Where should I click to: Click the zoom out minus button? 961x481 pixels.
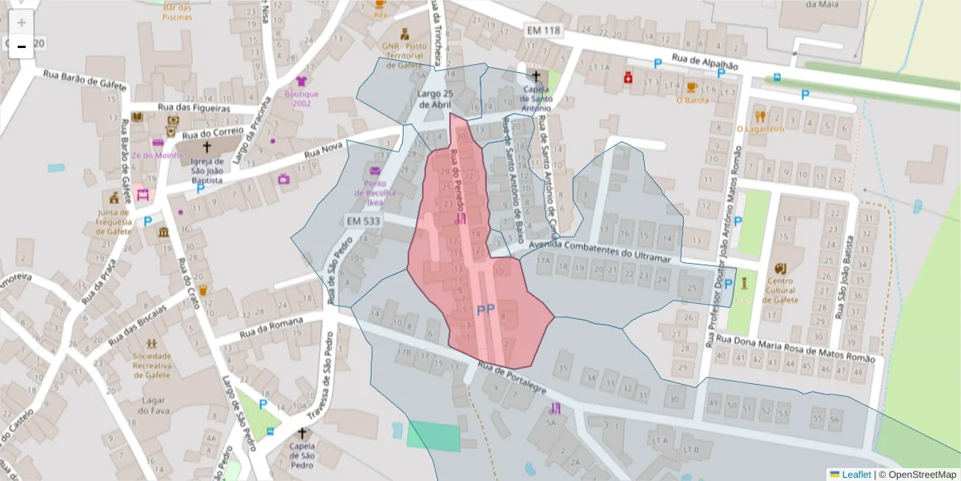22,47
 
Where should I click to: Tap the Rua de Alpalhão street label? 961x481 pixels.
704,63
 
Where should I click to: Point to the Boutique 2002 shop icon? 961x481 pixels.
301,81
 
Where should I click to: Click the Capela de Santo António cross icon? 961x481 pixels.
536,75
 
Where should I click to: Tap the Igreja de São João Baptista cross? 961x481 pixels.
207,147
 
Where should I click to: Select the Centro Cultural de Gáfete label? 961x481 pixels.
780,290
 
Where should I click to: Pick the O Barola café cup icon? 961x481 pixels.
691,87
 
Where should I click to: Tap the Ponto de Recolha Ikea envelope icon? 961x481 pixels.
375,171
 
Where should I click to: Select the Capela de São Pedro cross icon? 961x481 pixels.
302,433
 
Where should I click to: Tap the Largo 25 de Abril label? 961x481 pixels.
436,98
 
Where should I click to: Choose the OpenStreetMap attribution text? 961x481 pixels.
917,475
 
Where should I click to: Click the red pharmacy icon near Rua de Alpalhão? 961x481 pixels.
629,78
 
